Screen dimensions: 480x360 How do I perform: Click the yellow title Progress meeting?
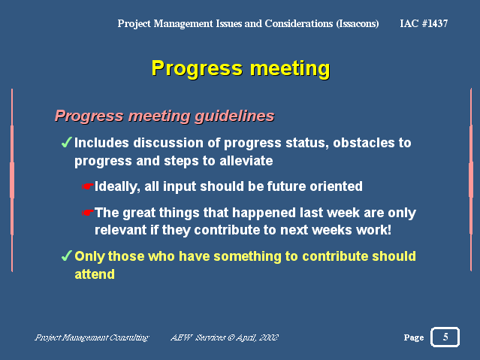pos(240,68)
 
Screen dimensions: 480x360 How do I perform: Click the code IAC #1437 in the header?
pos(424,23)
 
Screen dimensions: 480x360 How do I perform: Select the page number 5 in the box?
pos(445,337)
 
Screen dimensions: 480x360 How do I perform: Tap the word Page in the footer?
pos(414,337)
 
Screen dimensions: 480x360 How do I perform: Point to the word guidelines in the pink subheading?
pos(234,116)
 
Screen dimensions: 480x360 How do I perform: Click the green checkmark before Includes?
pos(66,142)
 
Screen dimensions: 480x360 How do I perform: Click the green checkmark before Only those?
pos(66,256)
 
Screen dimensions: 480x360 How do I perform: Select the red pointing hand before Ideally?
pos(88,186)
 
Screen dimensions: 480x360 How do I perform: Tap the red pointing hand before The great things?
pos(88,212)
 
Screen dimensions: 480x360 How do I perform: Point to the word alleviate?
pos(246,161)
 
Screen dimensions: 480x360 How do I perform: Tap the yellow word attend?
pos(95,274)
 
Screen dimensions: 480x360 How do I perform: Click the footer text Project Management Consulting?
pos(92,337)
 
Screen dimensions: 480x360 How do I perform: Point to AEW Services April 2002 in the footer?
pos(225,337)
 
